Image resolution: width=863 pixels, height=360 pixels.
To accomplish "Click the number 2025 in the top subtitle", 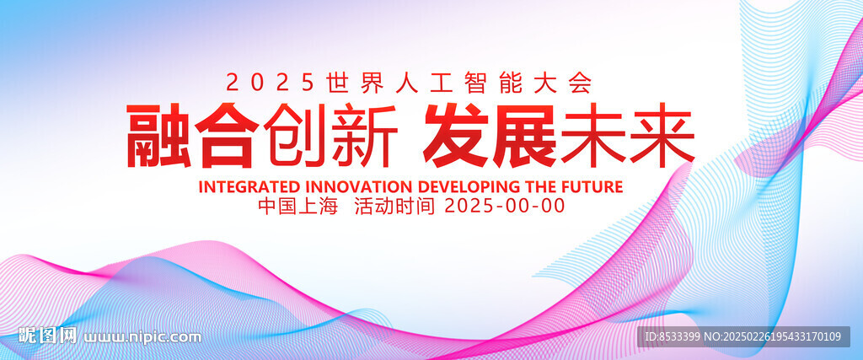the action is tap(270, 83).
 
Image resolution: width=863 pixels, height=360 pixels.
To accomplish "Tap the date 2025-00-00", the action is tap(505, 206).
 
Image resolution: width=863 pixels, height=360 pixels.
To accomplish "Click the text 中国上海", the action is tap(297, 206).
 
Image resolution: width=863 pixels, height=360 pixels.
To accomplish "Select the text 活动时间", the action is tap(395, 206).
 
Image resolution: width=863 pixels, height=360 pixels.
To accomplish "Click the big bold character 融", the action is tap(159, 135).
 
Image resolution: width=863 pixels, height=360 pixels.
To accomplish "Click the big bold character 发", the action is tap(458, 135).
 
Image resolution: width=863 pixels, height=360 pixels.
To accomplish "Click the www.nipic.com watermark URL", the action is tap(142, 336).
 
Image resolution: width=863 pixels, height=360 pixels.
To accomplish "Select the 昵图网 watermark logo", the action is tap(47, 336).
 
